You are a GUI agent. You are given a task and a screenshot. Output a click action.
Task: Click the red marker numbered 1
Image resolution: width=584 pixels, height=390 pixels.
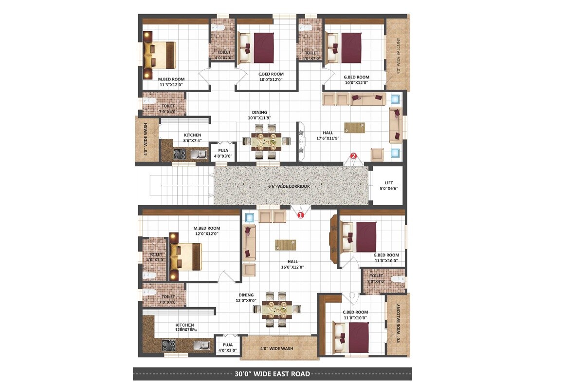point(300,214)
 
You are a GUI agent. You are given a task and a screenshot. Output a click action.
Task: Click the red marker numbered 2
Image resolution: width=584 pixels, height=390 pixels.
point(354,156)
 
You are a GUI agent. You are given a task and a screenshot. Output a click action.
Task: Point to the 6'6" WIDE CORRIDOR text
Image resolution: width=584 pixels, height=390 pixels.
point(289,186)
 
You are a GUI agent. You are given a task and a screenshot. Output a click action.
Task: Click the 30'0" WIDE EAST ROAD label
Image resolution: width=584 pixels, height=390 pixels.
point(272,374)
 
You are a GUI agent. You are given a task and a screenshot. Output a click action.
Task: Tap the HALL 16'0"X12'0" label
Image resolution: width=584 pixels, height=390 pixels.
point(292,264)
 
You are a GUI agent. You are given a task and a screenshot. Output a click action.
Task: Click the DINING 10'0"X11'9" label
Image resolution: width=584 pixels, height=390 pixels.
point(259,115)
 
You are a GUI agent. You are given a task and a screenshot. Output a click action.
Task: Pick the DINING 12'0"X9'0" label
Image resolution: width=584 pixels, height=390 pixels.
point(246,298)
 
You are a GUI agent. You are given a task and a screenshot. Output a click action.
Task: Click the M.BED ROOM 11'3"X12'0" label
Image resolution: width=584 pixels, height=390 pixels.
point(171,81)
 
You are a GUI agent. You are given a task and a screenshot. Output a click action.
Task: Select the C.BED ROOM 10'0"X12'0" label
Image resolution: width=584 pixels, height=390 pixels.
point(271,77)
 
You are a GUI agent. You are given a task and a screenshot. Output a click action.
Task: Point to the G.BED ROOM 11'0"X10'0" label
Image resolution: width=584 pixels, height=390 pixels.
point(386,258)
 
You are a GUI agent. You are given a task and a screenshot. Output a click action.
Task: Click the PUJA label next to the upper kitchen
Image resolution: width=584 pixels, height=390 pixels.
point(223,153)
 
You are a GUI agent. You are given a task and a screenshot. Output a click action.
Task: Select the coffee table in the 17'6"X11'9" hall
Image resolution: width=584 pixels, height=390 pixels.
point(355,127)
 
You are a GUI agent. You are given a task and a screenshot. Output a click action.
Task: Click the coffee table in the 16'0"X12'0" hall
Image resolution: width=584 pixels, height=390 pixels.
point(285,244)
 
